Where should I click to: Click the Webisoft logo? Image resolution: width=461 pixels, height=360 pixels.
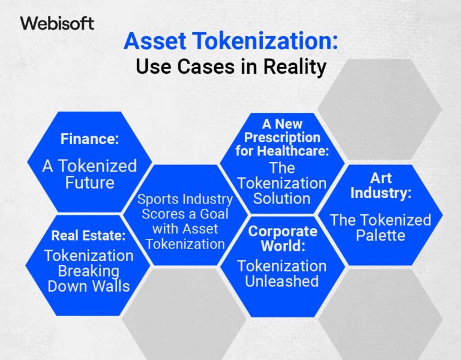click(57, 23)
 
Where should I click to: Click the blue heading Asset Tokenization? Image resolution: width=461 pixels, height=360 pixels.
click(230, 43)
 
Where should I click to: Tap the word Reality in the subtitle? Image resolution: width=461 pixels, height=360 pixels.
click(294, 66)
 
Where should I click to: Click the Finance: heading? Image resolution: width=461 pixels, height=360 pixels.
click(89, 139)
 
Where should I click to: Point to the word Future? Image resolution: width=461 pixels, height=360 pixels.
click(89, 182)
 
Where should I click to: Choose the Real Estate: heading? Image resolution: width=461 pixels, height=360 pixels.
click(89, 235)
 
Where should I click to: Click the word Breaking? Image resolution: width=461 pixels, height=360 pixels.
click(89, 271)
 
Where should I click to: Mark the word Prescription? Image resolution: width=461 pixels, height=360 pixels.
click(282, 137)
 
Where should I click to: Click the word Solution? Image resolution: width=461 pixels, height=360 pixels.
click(282, 199)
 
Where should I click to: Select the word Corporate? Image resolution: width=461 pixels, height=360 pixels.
click(282, 231)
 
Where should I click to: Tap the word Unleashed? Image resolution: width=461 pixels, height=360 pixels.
click(282, 281)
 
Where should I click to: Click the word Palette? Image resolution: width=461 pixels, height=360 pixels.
click(381, 235)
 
